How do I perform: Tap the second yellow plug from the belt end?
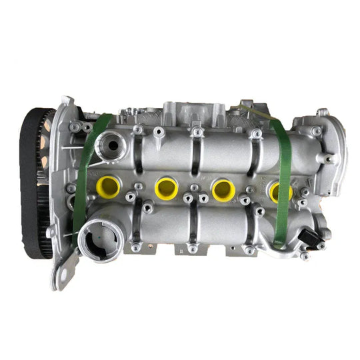[x=165, y=188]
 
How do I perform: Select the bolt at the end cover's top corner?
[x=323, y=113]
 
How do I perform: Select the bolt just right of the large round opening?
[x=135, y=248]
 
